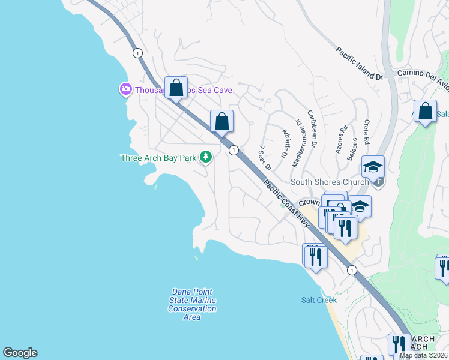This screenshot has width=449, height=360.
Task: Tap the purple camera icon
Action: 125,89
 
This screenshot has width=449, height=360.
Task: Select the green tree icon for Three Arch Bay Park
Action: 206,157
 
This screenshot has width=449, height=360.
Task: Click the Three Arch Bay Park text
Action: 158,158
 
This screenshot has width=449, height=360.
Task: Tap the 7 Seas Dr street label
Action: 265,157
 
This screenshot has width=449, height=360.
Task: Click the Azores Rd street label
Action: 342,139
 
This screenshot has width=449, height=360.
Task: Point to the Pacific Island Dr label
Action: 359,64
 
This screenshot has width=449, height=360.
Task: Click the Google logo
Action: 20,353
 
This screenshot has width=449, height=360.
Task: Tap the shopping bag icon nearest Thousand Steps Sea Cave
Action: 176,88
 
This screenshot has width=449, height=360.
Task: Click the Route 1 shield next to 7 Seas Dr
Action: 234,150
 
